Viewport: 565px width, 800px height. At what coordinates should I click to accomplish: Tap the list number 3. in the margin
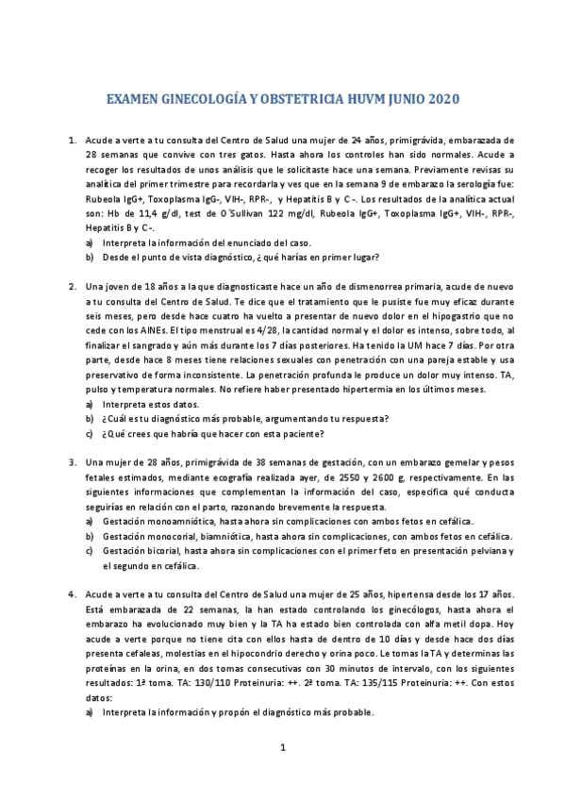pos(73,462)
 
